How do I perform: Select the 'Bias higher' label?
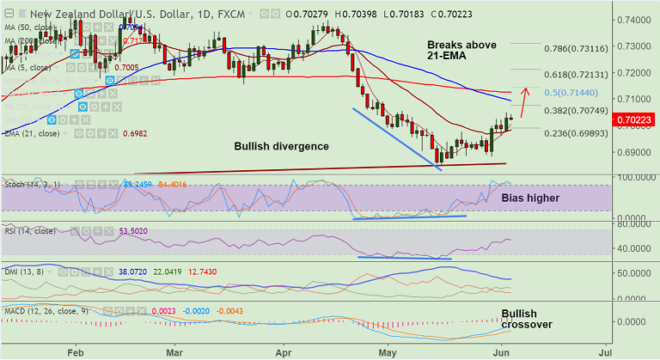point(530,198)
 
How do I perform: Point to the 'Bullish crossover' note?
point(526,319)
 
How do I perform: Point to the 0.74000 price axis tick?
point(633,19)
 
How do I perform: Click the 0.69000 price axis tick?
point(633,152)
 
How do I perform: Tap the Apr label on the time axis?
point(285,351)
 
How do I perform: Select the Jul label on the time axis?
point(605,351)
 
